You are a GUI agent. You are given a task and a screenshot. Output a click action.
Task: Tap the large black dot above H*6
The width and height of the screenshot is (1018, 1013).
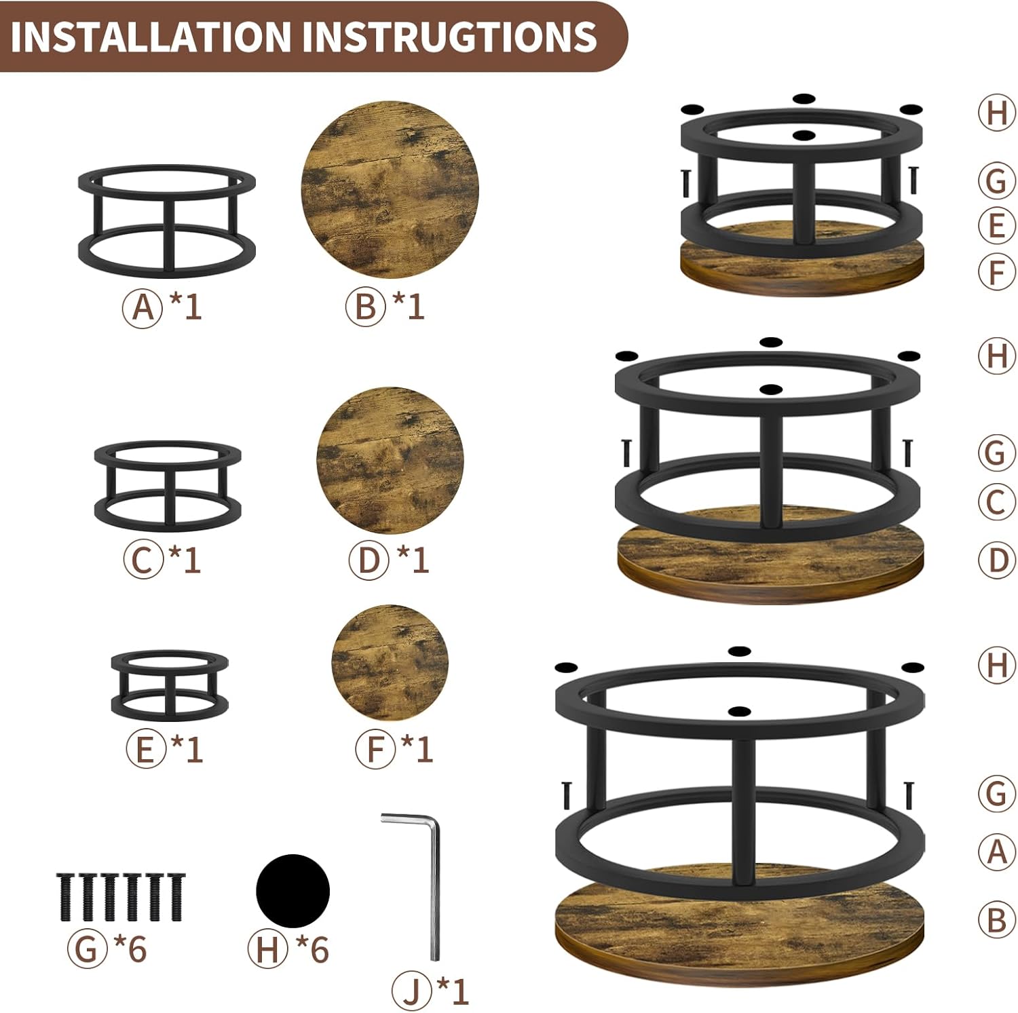(x=293, y=890)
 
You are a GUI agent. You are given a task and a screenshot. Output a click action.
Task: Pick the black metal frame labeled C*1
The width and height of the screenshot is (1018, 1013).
(x=168, y=484)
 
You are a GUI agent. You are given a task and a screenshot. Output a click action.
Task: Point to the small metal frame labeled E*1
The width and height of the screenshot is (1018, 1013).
(x=170, y=684)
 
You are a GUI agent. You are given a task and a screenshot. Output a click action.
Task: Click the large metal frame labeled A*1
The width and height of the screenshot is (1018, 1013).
(x=167, y=221)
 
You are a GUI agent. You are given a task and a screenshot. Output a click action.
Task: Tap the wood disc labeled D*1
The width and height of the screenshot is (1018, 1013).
(x=390, y=459)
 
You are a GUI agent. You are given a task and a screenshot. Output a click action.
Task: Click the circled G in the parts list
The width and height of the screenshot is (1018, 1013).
(x=87, y=949)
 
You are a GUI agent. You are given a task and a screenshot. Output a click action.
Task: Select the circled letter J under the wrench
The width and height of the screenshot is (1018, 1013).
(x=412, y=991)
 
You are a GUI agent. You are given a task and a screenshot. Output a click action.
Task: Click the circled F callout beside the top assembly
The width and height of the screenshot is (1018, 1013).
(x=996, y=272)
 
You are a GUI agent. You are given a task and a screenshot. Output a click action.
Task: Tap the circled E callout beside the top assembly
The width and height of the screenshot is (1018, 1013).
(x=996, y=225)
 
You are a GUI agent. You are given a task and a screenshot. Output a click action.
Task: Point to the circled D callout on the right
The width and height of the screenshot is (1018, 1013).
(x=996, y=560)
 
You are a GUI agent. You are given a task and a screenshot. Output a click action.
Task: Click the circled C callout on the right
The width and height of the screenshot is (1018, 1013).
(x=996, y=503)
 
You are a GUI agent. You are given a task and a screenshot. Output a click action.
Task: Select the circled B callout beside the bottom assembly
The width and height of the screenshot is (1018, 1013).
(x=996, y=920)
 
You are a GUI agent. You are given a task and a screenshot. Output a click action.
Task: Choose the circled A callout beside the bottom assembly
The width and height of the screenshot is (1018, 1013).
(x=996, y=851)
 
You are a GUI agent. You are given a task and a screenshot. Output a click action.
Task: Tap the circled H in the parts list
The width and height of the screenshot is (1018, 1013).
(x=267, y=949)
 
